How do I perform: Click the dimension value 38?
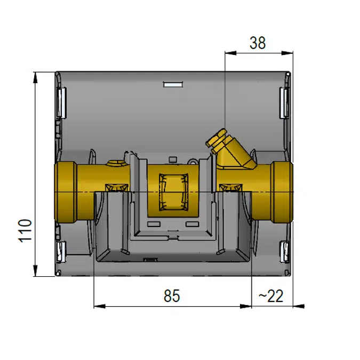(257, 43)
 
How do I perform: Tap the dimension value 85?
(172, 296)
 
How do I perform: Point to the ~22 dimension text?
(271, 296)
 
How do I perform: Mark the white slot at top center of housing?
(173, 84)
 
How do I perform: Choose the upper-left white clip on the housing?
(61, 103)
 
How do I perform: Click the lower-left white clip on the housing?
(61, 252)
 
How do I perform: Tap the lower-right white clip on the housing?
(285, 252)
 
